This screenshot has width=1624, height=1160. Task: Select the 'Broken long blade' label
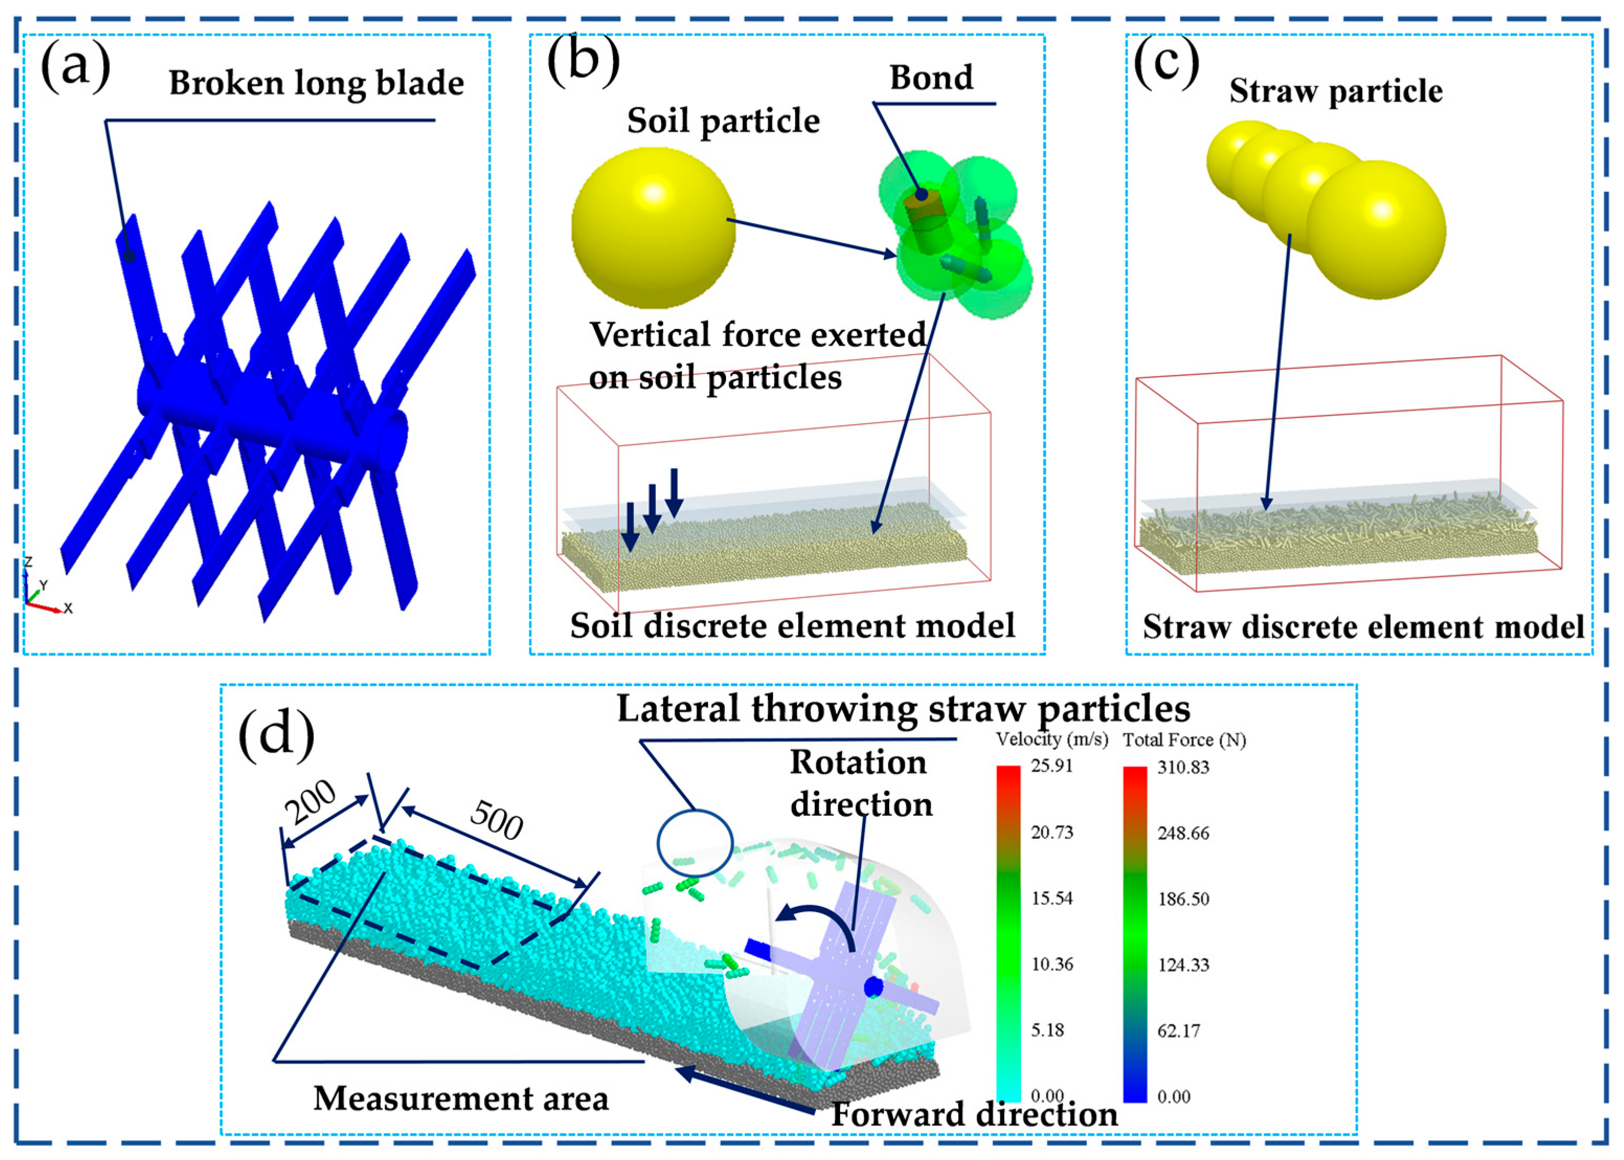(316, 84)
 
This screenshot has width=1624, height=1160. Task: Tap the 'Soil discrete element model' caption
(792, 626)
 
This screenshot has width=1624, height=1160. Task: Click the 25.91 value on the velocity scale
(1051, 766)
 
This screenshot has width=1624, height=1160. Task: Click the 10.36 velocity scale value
(1051, 964)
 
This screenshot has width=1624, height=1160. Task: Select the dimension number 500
(497, 820)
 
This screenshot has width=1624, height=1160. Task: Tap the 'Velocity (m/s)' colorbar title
(1052, 740)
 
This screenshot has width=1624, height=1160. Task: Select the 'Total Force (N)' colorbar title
(1184, 740)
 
